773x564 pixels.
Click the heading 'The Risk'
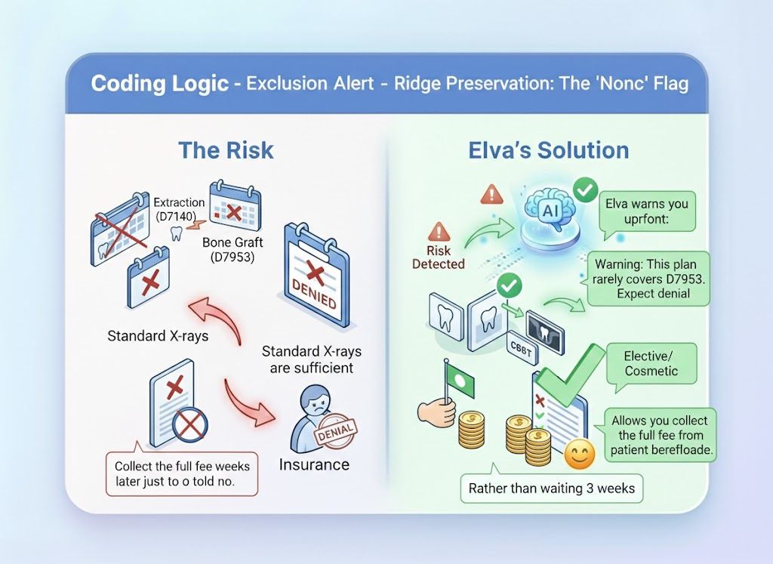[226, 149]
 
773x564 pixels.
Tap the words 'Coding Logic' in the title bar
[159, 82]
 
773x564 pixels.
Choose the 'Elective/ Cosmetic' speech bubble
[650, 363]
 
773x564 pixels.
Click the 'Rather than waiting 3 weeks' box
[551, 488]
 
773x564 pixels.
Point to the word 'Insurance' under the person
[313, 464]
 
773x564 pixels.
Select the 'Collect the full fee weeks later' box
[181, 473]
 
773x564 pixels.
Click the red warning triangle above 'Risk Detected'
[438, 231]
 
